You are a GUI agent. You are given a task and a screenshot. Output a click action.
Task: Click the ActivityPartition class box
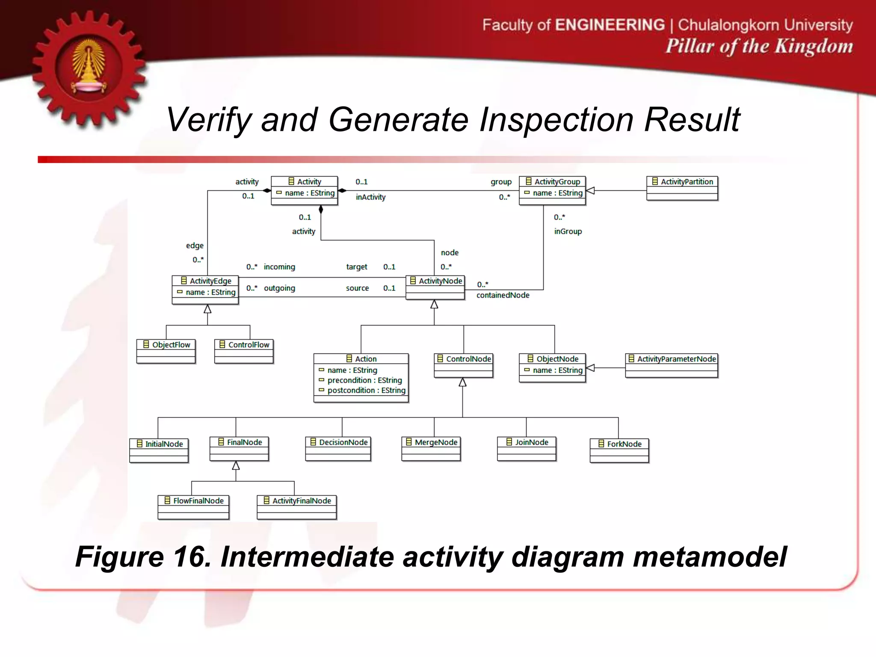click(x=682, y=188)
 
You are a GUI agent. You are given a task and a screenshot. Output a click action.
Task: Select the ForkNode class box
click(x=619, y=450)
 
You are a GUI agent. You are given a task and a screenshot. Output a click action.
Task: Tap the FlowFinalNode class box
click(x=193, y=507)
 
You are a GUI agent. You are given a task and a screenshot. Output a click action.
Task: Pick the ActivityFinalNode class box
click(x=297, y=507)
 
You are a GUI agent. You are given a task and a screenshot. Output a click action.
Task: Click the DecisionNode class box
click(x=338, y=448)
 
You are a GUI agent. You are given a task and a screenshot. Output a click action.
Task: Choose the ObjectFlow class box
click(x=166, y=351)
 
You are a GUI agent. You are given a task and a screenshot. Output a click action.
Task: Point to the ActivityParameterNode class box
click(x=671, y=365)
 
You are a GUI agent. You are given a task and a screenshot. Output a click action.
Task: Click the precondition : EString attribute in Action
click(x=364, y=380)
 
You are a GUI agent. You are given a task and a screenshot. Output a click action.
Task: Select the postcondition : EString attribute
click(x=366, y=390)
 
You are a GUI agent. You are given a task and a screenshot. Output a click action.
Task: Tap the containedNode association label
click(x=503, y=295)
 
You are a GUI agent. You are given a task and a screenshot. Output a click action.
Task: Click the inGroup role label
click(x=568, y=231)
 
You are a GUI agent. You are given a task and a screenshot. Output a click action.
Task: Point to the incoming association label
click(x=279, y=267)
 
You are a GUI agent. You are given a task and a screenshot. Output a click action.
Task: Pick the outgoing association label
click(x=279, y=288)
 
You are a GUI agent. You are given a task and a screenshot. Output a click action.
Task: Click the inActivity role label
click(x=370, y=197)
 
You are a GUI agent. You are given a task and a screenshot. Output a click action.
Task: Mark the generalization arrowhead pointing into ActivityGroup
click(x=590, y=191)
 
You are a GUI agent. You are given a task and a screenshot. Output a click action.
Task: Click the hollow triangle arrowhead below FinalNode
click(x=236, y=466)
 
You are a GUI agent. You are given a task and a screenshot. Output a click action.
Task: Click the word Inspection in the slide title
click(x=556, y=120)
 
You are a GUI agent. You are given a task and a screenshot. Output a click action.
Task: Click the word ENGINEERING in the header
click(x=610, y=25)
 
